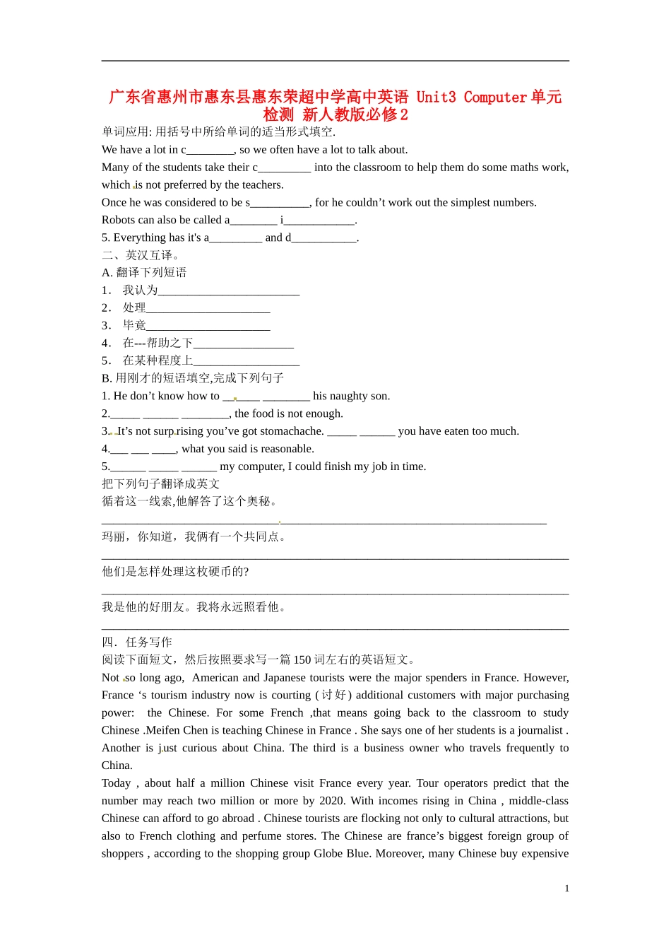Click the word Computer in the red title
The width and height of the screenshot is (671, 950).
(x=495, y=97)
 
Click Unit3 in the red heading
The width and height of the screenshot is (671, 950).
(x=436, y=97)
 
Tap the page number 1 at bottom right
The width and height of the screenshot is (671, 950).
(x=566, y=889)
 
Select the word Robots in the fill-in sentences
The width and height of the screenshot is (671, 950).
(x=118, y=220)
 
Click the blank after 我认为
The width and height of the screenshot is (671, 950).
(x=229, y=291)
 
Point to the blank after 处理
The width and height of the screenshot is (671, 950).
(x=208, y=309)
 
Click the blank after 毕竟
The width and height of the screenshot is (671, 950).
(x=208, y=327)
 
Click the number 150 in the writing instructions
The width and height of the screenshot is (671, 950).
(x=302, y=659)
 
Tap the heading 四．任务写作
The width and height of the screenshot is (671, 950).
(x=137, y=642)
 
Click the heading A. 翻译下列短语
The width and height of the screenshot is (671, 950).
(x=144, y=273)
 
